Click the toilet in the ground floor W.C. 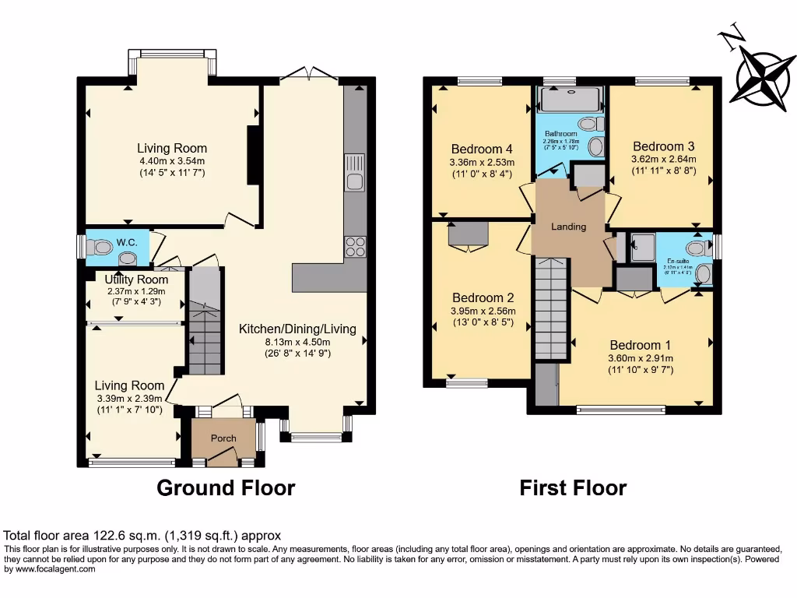point(99,247)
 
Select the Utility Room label point(136,280)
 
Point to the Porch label point(223,438)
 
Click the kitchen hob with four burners point(355,247)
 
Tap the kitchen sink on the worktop point(355,183)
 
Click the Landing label point(568,227)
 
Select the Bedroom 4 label point(482,149)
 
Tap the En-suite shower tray point(643,248)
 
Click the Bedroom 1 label point(640,345)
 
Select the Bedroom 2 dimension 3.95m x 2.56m point(483,311)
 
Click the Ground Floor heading point(226,488)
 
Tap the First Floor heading point(573,488)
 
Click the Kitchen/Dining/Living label point(297,329)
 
